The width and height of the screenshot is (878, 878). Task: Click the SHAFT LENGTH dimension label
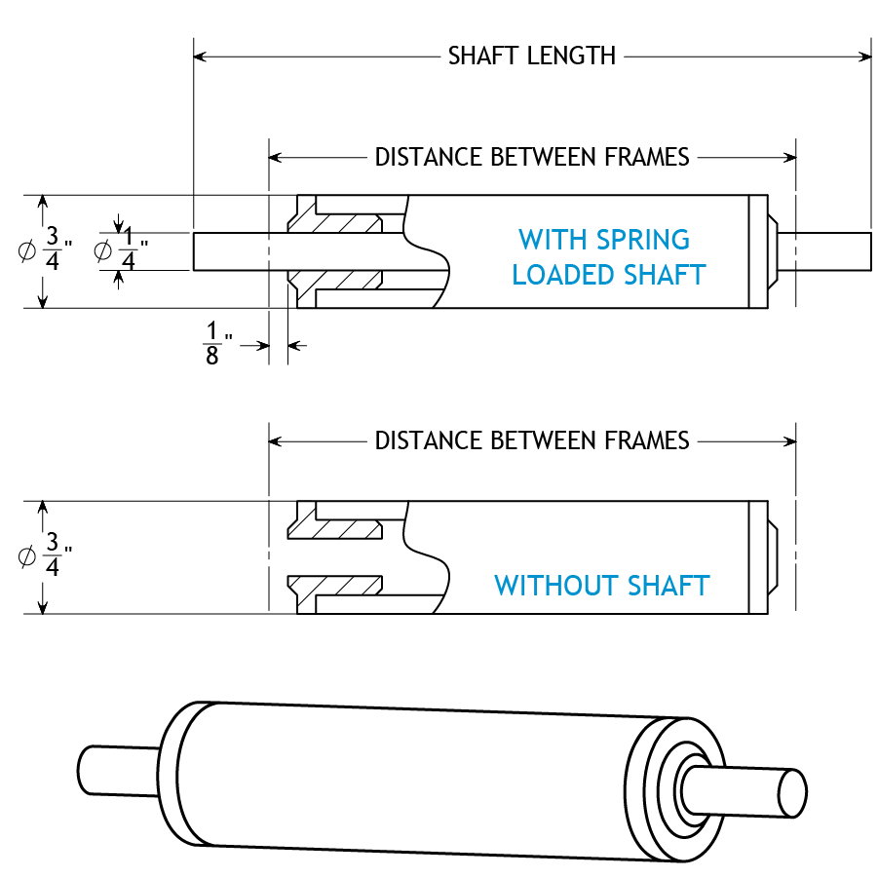coord(532,56)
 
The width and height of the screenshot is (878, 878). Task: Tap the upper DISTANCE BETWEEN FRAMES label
coord(532,157)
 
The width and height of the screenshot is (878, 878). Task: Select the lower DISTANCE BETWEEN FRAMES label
coord(532,441)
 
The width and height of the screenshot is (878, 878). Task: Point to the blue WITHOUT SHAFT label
coord(601,586)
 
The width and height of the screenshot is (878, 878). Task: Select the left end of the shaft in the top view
coord(196,251)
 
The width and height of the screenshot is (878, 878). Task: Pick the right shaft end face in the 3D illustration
coord(792,790)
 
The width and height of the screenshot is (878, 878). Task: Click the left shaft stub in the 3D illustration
coord(118,768)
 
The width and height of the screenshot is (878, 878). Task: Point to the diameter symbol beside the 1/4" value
coord(102,251)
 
